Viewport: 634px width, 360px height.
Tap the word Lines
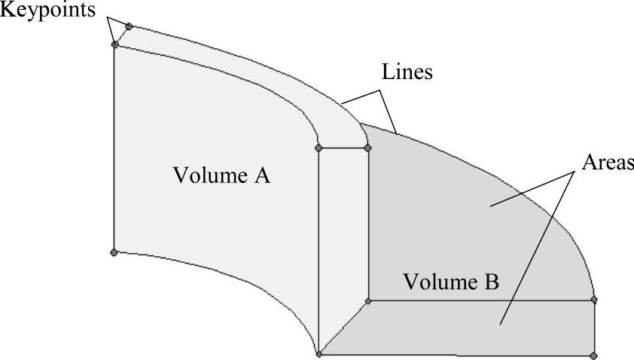point(407,73)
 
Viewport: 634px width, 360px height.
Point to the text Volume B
point(451,282)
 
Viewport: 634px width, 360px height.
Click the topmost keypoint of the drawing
point(129,26)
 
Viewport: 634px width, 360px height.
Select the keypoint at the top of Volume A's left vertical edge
point(115,45)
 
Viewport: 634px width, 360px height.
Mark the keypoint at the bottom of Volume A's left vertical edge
point(114,252)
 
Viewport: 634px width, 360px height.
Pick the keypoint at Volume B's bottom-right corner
point(593,355)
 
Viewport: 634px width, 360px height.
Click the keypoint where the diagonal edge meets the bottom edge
point(319,354)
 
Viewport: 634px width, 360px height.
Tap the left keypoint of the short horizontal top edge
point(319,148)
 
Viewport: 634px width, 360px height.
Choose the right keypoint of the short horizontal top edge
point(367,148)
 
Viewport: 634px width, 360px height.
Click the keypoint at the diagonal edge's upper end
point(368,301)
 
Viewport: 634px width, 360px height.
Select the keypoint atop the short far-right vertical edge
point(594,300)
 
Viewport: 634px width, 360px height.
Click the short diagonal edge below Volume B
point(343,328)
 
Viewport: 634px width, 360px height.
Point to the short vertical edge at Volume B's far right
point(594,328)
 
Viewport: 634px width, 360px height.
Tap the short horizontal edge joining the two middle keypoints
point(343,148)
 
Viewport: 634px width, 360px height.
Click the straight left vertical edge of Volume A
point(114,151)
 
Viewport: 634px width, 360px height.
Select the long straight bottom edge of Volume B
point(456,355)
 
